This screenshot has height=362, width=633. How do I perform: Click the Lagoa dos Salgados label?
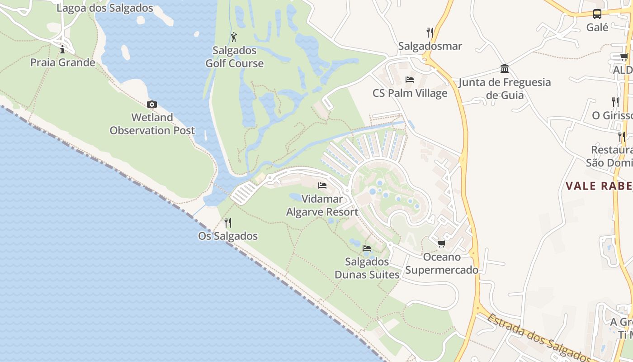105,8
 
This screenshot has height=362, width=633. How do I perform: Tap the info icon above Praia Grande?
62,49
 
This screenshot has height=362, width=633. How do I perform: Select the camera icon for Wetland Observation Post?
152,105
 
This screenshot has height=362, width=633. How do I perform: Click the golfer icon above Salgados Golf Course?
234,37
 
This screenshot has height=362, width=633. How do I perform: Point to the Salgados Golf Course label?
234,57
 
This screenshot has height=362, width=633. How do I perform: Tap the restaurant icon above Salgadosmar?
430,33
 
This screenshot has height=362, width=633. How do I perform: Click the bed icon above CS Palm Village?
410,80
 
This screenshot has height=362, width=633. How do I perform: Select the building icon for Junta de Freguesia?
505,69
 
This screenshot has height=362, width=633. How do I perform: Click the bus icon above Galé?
597,14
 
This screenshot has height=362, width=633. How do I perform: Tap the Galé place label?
597,27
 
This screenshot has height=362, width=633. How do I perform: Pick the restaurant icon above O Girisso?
615,102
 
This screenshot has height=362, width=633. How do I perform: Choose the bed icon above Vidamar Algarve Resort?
322,186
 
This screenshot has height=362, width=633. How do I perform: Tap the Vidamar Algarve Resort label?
322,205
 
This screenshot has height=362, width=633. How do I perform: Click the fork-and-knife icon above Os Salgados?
228,223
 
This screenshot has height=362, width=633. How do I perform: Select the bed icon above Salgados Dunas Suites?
367,248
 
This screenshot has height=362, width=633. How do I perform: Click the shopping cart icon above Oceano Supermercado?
441,244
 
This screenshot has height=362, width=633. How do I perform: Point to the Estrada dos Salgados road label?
538,337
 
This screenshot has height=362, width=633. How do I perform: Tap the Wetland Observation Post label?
152,124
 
